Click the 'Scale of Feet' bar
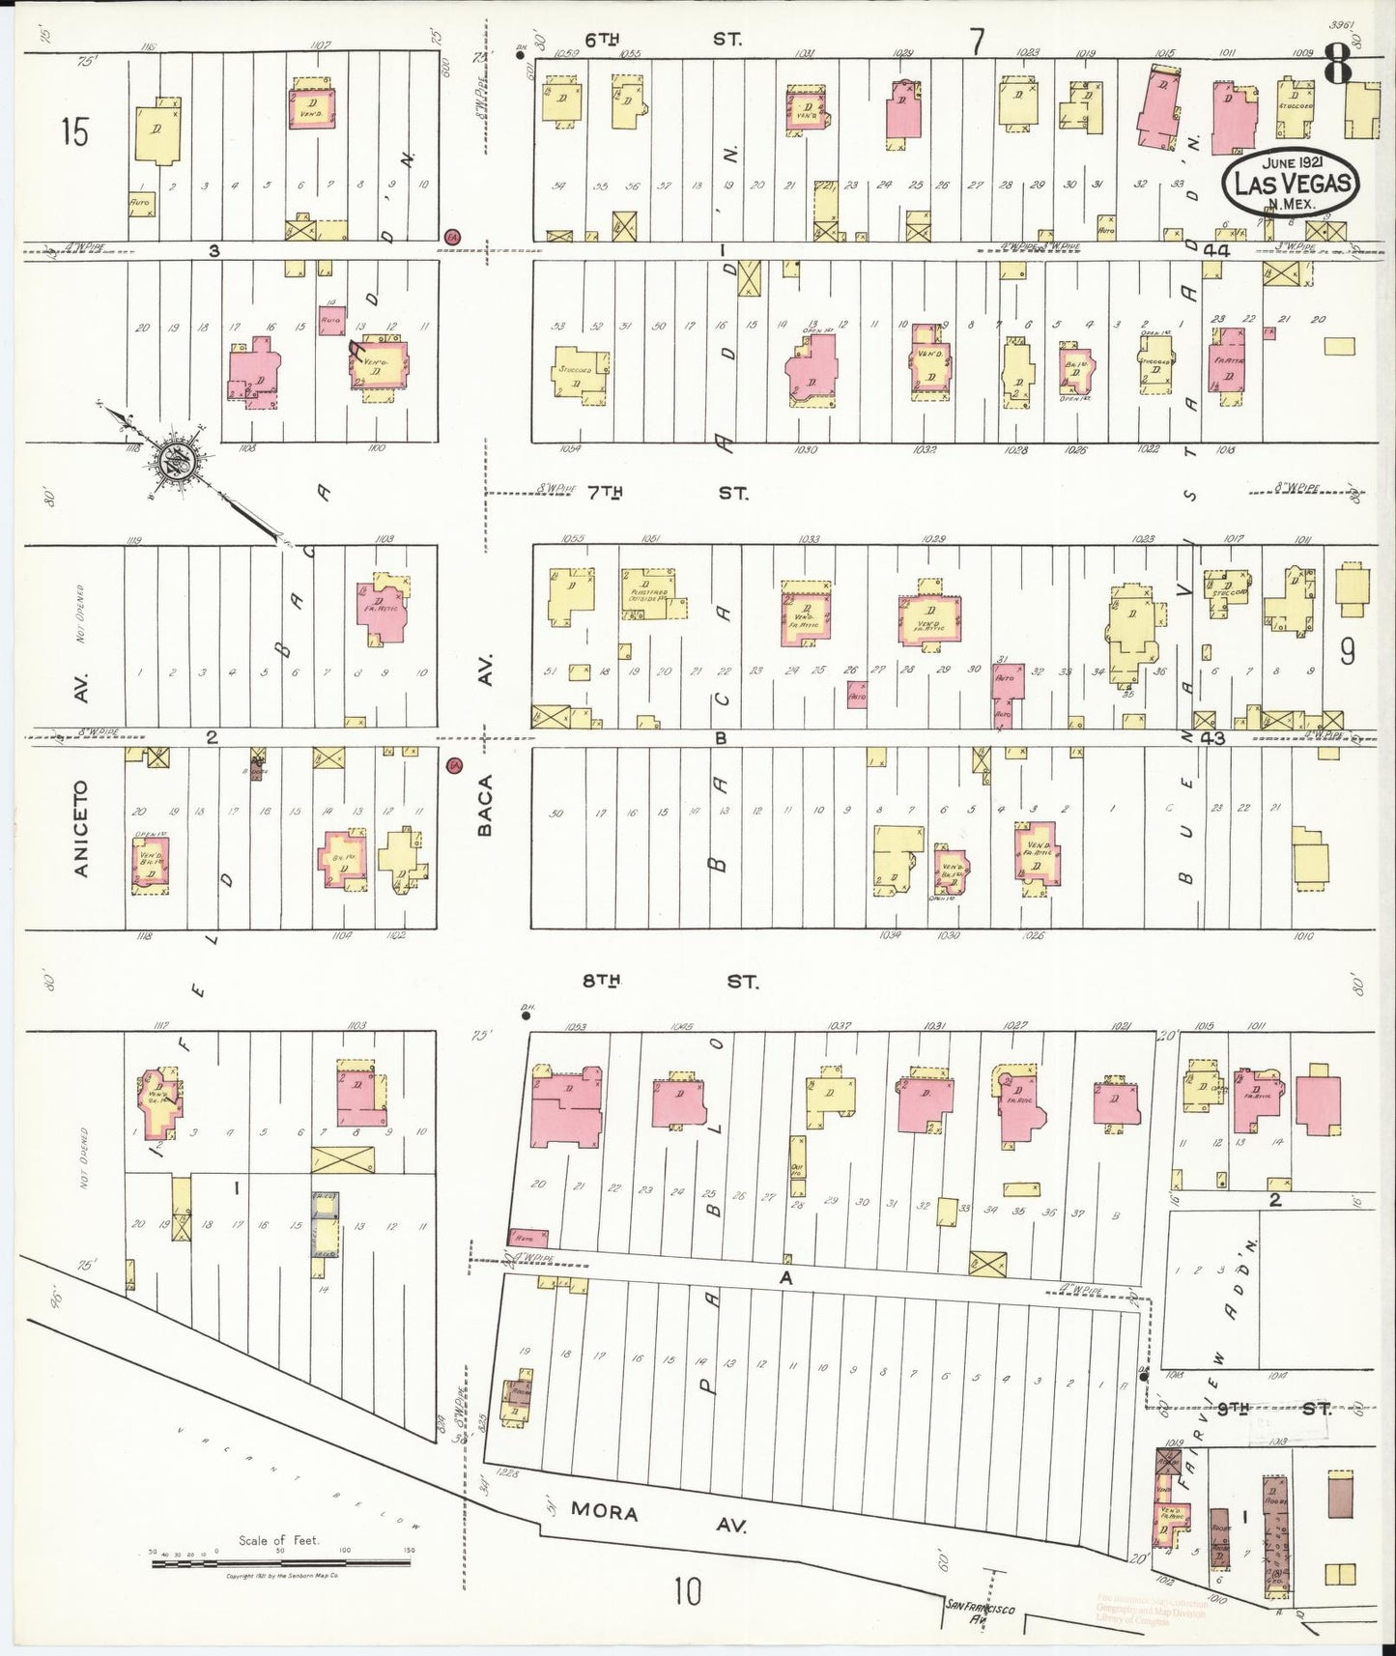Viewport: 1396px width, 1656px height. pyautogui.click(x=280, y=1561)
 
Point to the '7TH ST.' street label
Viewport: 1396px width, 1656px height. pyautogui.click(x=667, y=494)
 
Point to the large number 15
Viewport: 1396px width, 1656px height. pyautogui.click(x=73, y=131)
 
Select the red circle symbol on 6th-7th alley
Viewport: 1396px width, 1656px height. pyautogui.click(x=451, y=237)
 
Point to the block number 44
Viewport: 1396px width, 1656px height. pyautogui.click(x=1215, y=250)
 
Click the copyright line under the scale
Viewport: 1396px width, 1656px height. pyautogui.click(x=281, y=1576)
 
